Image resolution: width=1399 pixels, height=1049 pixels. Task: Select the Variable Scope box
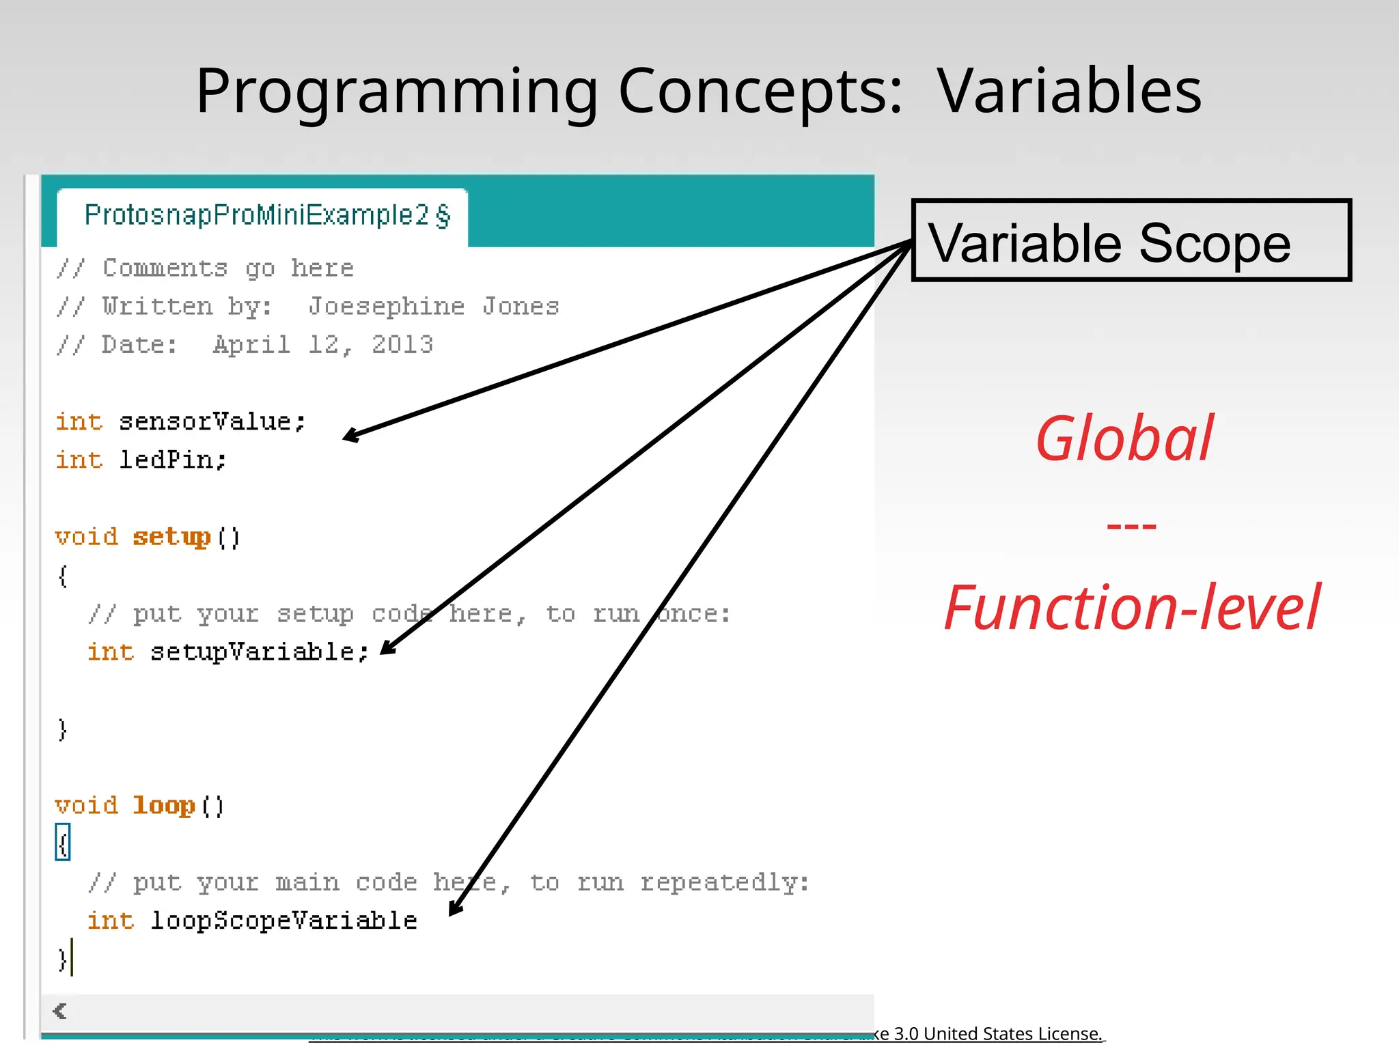pos(1131,240)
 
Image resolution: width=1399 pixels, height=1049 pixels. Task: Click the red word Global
pos(1124,438)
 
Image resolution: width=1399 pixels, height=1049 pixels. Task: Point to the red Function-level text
pos(1131,607)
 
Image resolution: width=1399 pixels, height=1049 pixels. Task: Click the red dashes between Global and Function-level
pos(1131,526)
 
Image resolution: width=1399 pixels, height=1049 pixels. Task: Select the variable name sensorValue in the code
pos(212,421)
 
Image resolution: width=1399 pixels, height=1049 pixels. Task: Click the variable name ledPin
pos(172,460)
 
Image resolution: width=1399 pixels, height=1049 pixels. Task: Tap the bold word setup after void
pos(171,537)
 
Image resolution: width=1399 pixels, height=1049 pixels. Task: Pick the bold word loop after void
pos(164,806)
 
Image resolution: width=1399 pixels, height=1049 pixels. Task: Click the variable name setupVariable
pos(258,652)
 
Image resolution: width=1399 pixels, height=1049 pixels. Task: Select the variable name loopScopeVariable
pos(283,921)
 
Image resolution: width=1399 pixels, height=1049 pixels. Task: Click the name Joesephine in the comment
pos(386,307)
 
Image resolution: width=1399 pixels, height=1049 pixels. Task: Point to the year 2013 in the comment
pos(402,345)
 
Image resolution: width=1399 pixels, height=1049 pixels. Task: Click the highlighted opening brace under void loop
pos(63,843)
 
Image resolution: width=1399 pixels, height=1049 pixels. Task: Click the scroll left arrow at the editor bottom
pos(60,1011)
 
